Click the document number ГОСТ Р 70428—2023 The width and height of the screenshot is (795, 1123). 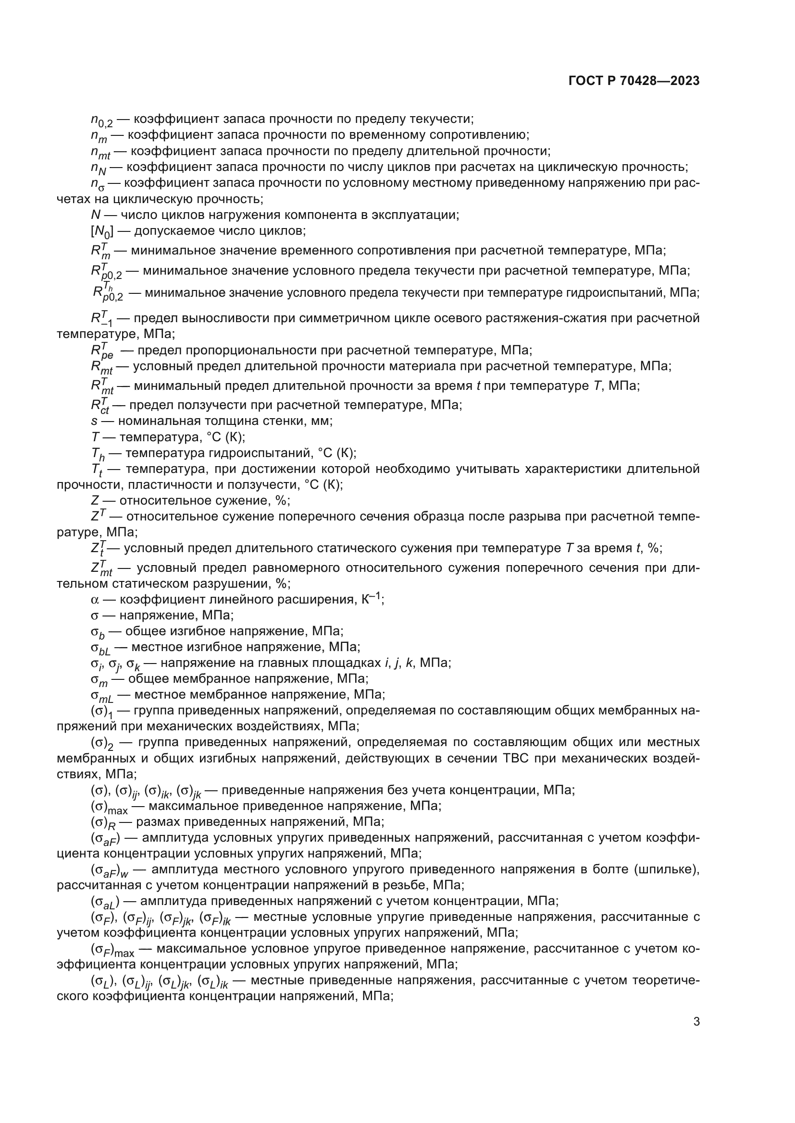click(x=634, y=81)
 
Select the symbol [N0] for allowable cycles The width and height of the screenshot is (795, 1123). click(x=102, y=231)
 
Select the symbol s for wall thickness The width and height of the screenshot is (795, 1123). click(x=94, y=421)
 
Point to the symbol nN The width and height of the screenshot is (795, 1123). click(x=98, y=168)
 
